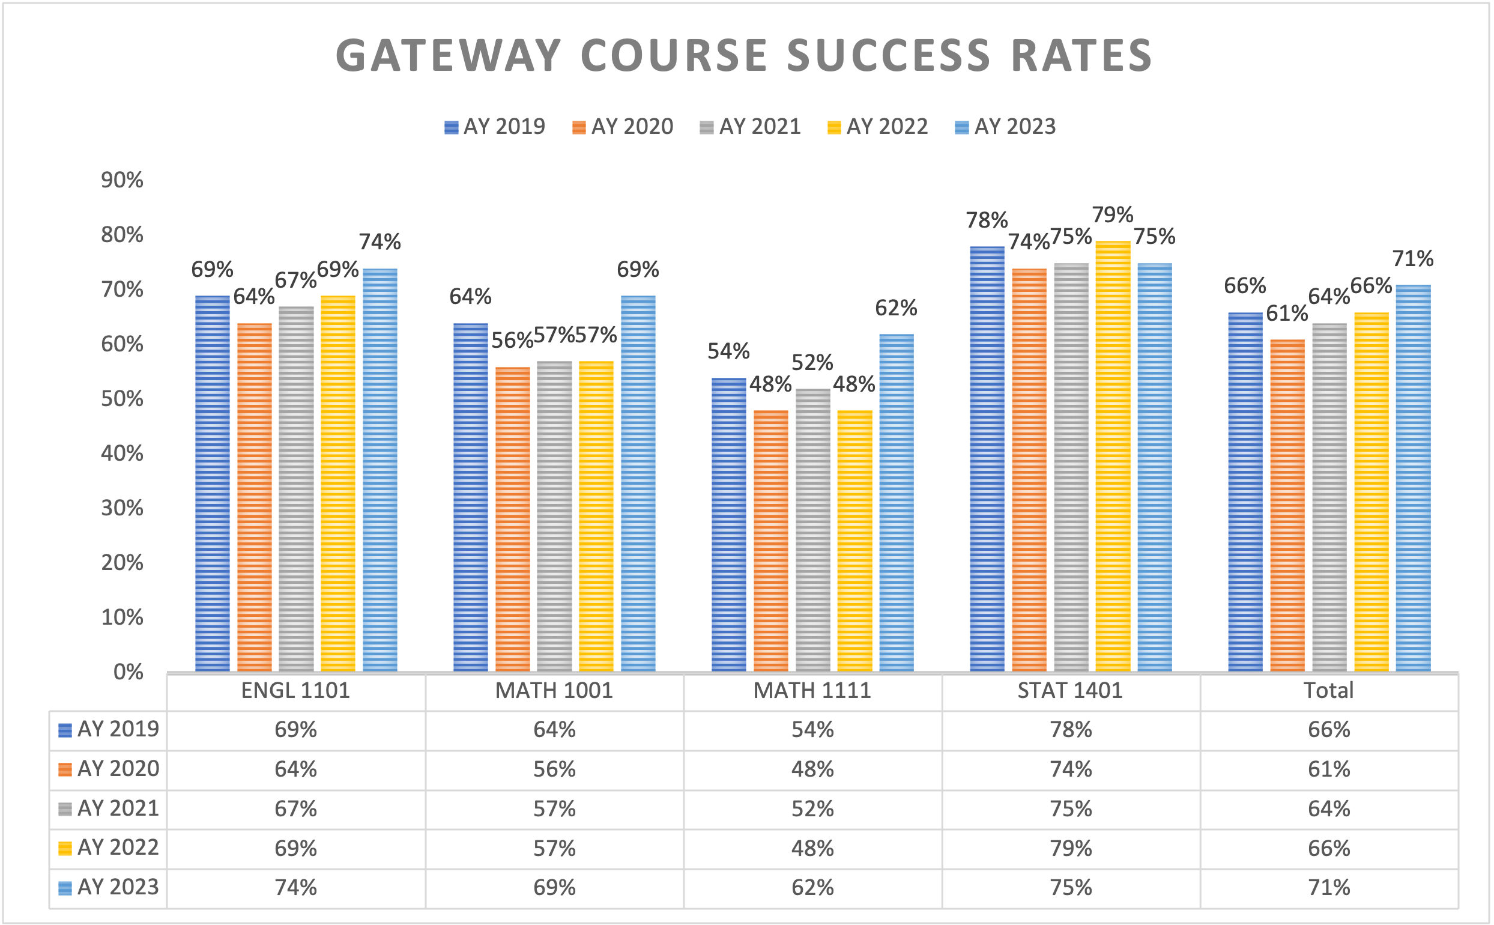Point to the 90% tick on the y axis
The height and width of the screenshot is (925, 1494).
[122, 180]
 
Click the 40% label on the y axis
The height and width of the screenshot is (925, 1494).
[122, 453]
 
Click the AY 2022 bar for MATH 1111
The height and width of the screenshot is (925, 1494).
[854, 541]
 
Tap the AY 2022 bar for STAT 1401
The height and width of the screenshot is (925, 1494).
[1113, 456]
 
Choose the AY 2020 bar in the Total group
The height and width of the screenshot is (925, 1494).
[1287, 505]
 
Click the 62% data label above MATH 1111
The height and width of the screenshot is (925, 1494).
[896, 308]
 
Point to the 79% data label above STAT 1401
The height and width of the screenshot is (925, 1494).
[1113, 215]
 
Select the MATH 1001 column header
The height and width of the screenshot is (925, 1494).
[554, 691]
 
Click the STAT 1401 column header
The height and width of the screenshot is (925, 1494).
[1070, 691]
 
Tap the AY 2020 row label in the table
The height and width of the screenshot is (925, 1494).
[118, 769]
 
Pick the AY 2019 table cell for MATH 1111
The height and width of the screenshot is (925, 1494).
[812, 730]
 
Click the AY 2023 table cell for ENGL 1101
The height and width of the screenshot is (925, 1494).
[295, 888]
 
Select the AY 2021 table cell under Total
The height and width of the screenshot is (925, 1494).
[1329, 808]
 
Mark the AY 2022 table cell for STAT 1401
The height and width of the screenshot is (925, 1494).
[1070, 849]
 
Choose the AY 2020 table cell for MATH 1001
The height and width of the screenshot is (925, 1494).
[554, 769]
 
